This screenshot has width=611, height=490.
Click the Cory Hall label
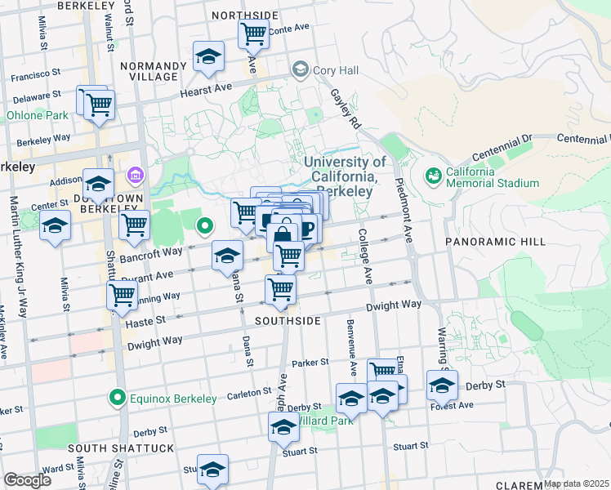[332, 70]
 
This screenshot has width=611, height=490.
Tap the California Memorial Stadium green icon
[432, 175]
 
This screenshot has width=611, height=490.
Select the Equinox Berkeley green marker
[118, 399]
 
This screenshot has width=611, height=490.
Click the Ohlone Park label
[38, 115]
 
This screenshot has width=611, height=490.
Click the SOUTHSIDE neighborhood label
[288, 321]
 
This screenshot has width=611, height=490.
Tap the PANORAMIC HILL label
[488, 242]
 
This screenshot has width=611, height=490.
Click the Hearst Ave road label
[207, 89]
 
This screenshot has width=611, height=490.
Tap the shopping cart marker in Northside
[254, 34]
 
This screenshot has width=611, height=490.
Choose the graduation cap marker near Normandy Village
[209, 56]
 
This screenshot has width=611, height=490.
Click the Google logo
[27, 480]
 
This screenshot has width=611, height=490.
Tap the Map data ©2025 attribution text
[576, 483]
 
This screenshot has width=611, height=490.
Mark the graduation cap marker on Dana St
[228, 256]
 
